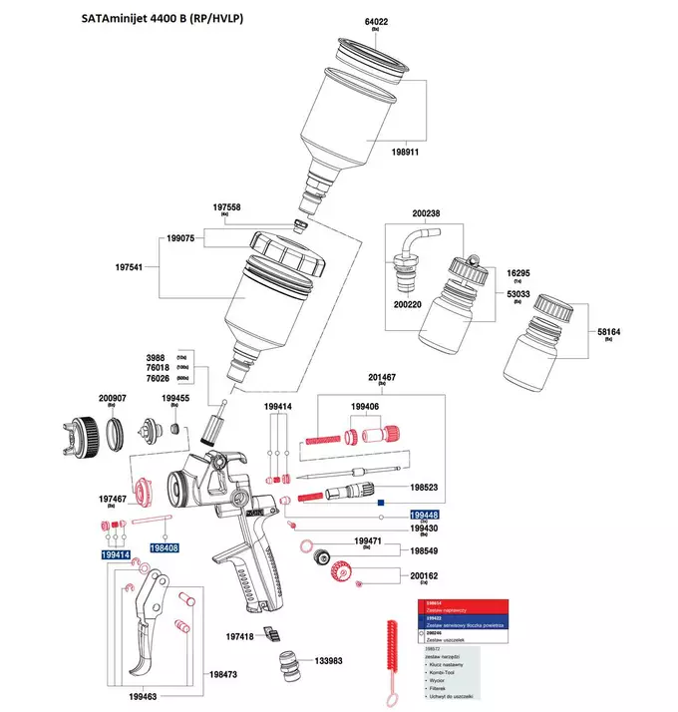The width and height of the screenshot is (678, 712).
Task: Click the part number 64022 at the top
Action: pos(376,22)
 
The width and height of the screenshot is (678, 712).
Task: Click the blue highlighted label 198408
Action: pos(165,547)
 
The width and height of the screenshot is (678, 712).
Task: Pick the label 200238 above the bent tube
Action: pos(426,213)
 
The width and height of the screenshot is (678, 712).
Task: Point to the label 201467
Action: pos(382,378)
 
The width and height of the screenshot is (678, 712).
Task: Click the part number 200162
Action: pos(424,575)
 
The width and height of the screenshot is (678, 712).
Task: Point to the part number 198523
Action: pos(424,489)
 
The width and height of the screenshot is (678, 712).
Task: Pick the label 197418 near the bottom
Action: pos(241,636)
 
